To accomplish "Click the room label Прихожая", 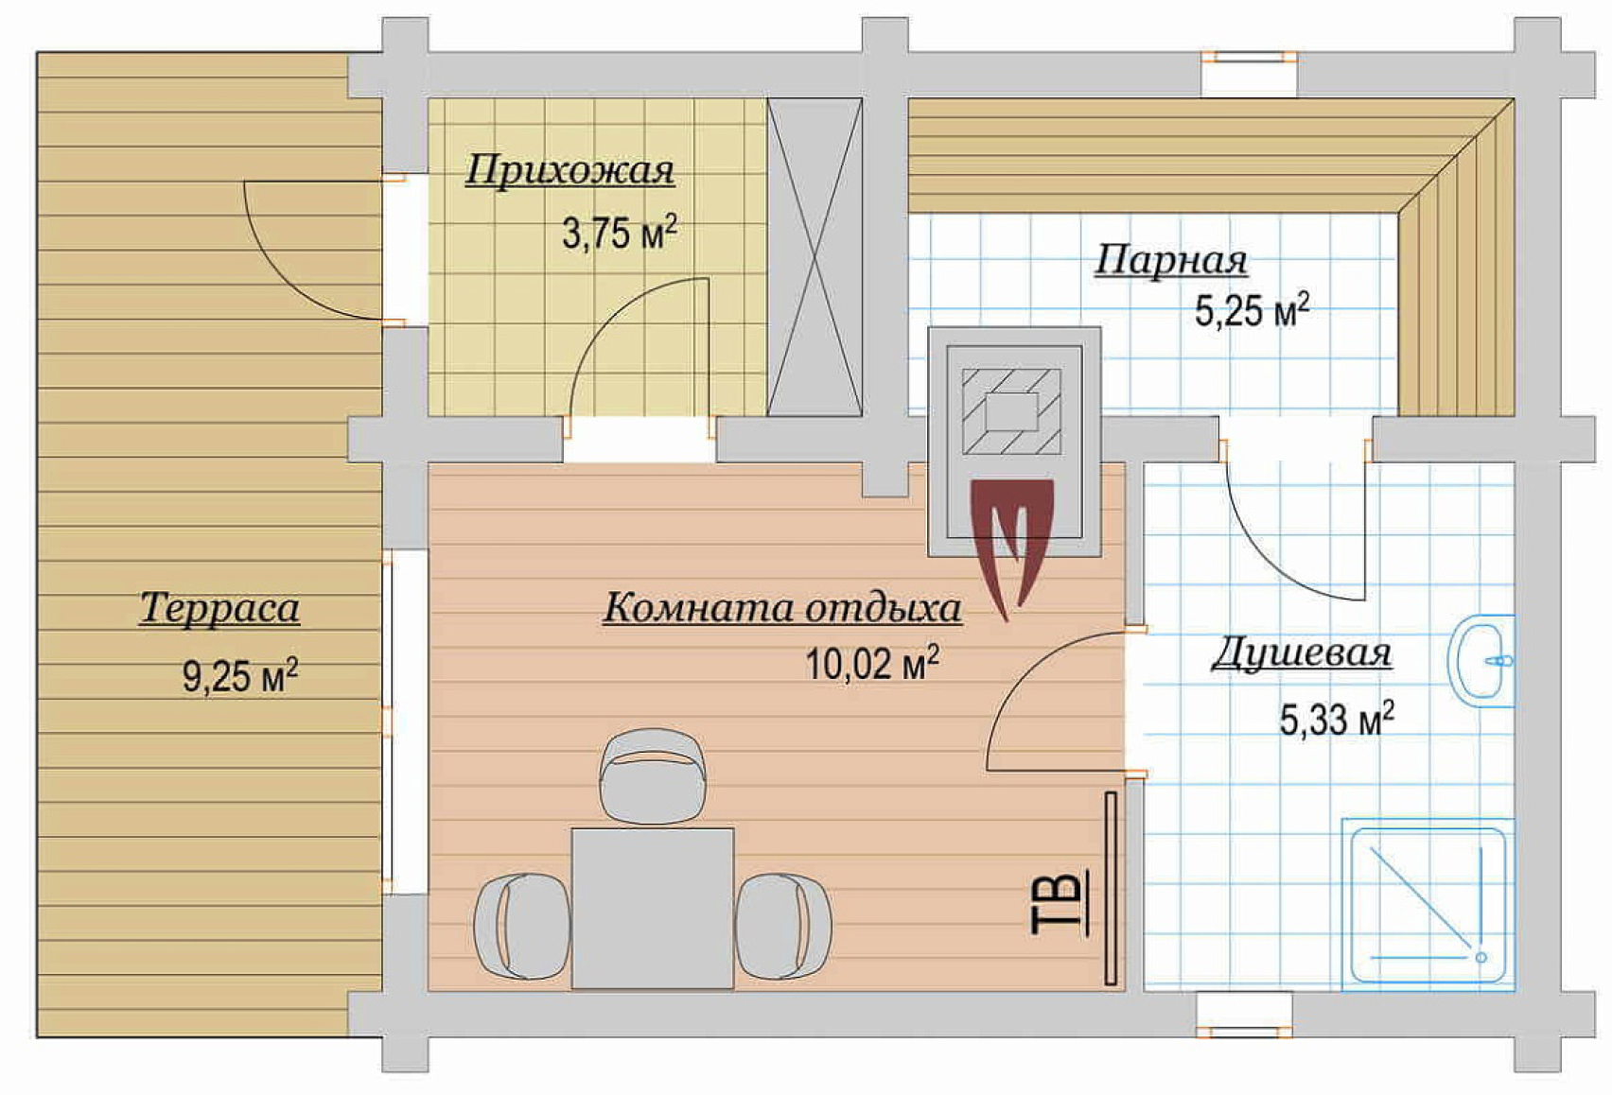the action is click(569, 172).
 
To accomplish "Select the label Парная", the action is click(1171, 260).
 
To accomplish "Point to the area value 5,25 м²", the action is click(1253, 310).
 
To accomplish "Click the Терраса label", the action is click(219, 609).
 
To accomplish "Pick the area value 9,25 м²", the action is click(240, 675).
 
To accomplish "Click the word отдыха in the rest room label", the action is click(883, 609).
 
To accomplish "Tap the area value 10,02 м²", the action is click(872, 663).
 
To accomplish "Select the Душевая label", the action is click(1301, 654).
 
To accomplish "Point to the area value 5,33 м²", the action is click(1337, 720).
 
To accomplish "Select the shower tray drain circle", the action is click(1481, 958).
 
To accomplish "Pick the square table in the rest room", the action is click(653, 908).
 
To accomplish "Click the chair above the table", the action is click(653, 774).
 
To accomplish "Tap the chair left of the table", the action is click(522, 927).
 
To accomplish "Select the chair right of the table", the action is click(783, 927).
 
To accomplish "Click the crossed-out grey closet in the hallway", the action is click(815, 257).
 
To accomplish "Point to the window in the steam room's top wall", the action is click(1249, 74).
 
